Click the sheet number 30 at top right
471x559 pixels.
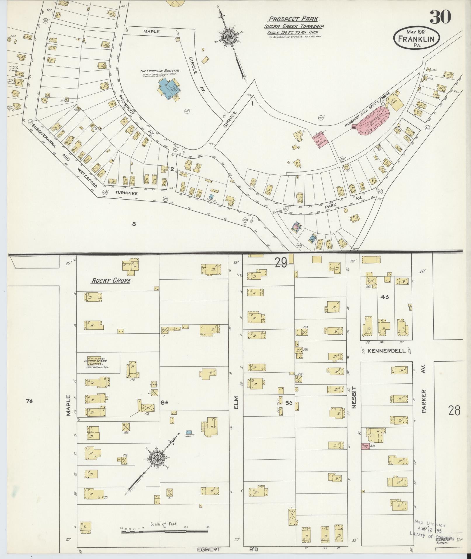pyautogui.click(x=440, y=17)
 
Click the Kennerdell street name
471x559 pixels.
pyautogui.click(x=387, y=351)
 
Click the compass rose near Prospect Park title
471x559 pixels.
pyautogui.click(x=227, y=37)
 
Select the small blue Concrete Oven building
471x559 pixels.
pyautogui.click(x=189, y=432)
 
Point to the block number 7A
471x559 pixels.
pyautogui.click(x=29, y=402)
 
